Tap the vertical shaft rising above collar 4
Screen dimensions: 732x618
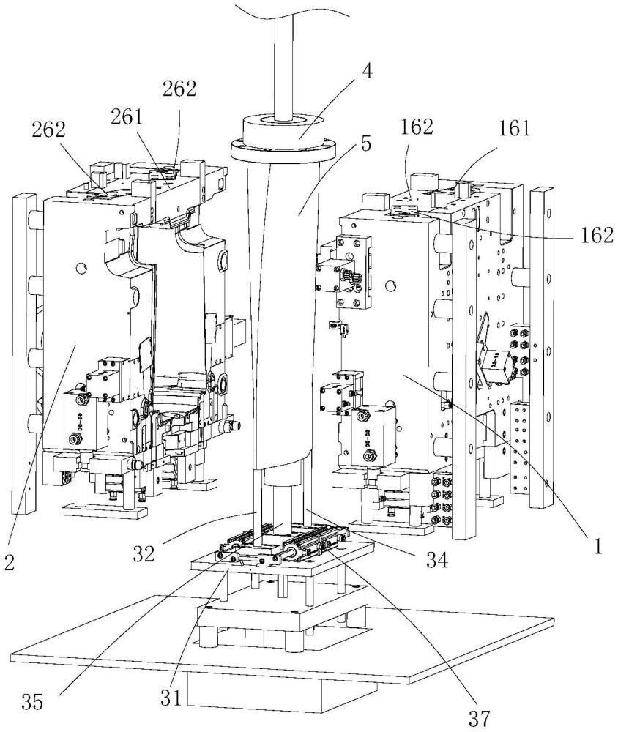(283, 59)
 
